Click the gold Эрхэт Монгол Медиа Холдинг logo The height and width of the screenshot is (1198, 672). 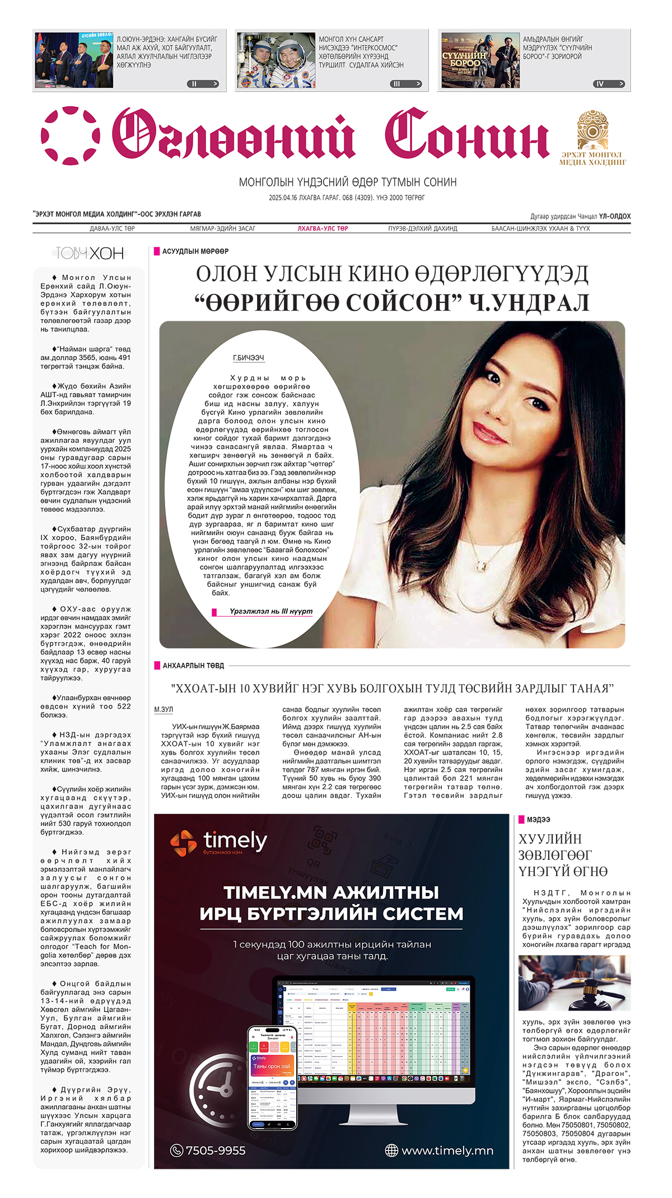[593, 138]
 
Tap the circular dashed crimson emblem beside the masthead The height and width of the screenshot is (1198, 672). [71, 135]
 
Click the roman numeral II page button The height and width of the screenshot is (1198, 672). [202, 84]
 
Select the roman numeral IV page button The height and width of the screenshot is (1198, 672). [608, 84]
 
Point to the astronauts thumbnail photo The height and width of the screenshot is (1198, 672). [276, 60]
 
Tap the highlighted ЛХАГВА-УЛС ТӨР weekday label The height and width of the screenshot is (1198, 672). [323, 228]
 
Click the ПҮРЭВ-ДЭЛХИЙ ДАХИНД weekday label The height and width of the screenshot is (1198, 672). [423, 228]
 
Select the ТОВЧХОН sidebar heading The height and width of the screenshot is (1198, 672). [90, 254]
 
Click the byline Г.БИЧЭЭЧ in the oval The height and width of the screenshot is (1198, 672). [249, 358]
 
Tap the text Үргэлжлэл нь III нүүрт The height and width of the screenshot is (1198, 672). [271, 611]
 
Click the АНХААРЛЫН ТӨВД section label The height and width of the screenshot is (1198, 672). [193, 666]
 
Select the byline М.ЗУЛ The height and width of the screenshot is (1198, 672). [164, 709]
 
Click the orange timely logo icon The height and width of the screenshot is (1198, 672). [183, 843]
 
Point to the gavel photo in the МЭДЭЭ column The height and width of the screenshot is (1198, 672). [574, 983]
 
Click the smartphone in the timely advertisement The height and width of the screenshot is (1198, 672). [272, 1078]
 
